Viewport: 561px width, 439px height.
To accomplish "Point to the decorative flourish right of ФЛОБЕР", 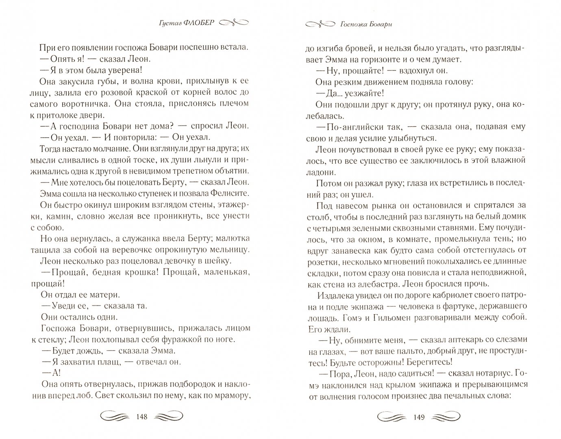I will (x=234, y=23).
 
